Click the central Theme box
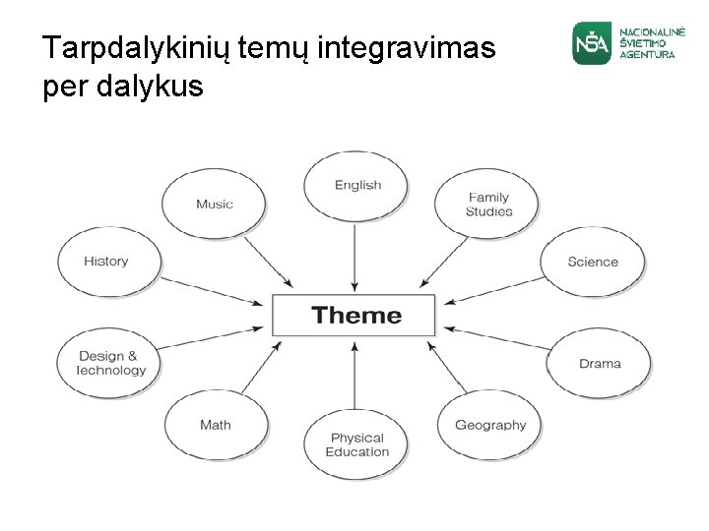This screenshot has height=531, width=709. pos(354,316)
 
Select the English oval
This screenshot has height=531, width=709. pos(356,186)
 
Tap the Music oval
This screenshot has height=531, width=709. pos(214,205)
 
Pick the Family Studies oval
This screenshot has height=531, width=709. pos(488,205)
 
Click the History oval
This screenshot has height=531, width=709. pos(106,262)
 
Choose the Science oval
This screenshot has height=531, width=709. pos(593,262)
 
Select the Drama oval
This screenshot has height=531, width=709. pos(599,363)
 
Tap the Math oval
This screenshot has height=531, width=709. pos(215,425)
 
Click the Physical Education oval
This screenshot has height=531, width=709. pos(356,444)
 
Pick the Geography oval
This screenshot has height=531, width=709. pos(489,425)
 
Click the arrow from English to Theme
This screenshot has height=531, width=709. pos(354,256)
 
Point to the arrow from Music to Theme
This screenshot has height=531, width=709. pos(268,263)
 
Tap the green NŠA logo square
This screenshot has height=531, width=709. pos(592,43)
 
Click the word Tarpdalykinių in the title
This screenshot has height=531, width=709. pos(137,48)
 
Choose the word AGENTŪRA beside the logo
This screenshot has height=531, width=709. pos(647,55)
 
